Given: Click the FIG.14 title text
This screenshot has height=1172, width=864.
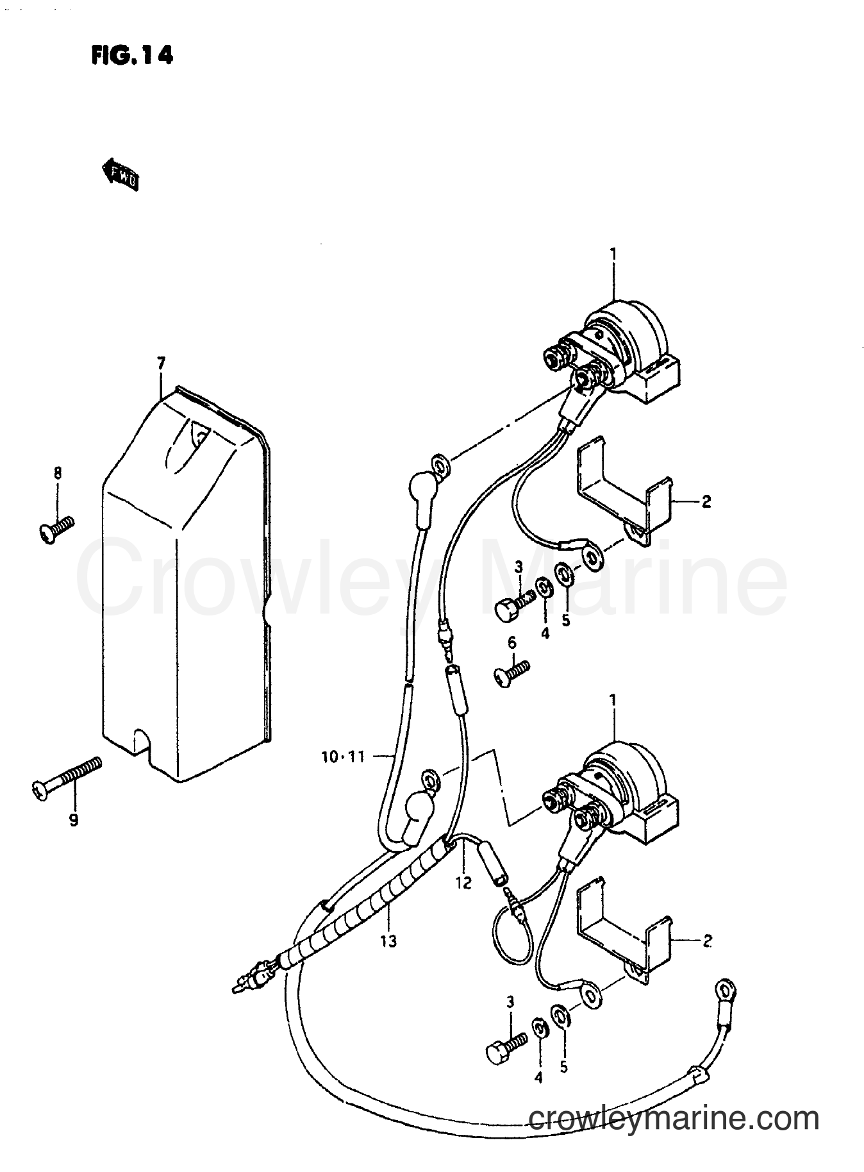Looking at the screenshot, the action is click(x=132, y=56).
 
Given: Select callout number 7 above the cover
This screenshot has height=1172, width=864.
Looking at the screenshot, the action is click(x=160, y=364).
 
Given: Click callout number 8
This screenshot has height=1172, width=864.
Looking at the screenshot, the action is click(x=57, y=474).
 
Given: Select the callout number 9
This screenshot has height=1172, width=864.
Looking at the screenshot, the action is click(x=74, y=819).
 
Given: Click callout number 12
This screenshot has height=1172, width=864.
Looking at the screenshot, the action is click(x=463, y=883).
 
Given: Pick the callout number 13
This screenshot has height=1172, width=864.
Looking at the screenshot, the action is click(x=388, y=941).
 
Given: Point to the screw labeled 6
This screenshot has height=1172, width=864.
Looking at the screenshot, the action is click(x=511, y=673).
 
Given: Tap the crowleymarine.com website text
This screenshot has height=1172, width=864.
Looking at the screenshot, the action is click(x=674, y=1119).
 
